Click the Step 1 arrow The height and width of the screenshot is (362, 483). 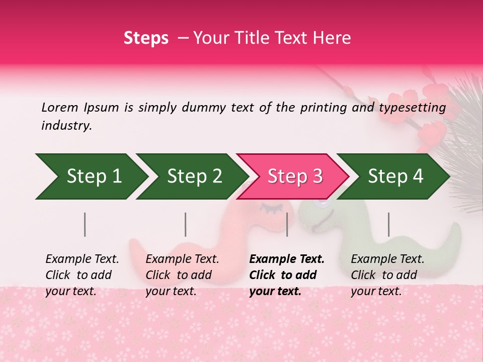tap(91, 176)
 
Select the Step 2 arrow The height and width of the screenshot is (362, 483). tap(192, 176)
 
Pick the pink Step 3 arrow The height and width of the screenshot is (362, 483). tap(292, 176)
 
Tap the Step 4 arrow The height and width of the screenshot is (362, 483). tap(393, 176)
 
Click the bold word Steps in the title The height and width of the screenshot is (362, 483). tap(146, 38)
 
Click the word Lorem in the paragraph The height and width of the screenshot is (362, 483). tap(59, 107)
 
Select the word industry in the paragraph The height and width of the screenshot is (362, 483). tap(66, 126)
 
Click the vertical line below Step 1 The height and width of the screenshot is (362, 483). tap(85, 224)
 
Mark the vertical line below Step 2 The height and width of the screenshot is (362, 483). tap(186, 224)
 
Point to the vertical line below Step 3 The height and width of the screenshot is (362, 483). tap(287, 224)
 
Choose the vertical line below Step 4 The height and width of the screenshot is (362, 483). tap(388, 224)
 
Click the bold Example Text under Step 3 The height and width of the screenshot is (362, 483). tap(287, 259)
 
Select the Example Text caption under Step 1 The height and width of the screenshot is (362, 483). tap(82, 259)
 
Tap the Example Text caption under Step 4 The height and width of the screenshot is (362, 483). tap(387, 259)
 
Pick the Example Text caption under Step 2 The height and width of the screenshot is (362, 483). tap(182, 259)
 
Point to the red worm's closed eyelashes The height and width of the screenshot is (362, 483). tap(266, 206)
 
